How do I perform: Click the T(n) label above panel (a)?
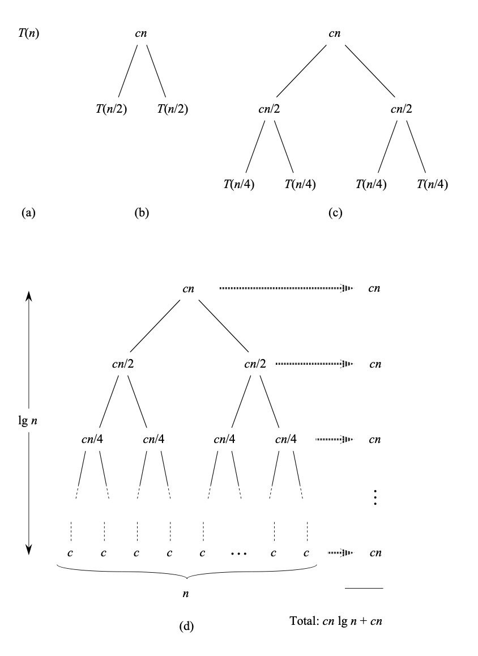pyautogui.click(x=29, y=34)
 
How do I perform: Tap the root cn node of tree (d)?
pyautogui.click(x=189, y=288)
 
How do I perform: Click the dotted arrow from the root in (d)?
pyautogui.click(x=285, y=288)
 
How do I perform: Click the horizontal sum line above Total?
pyautogui.click(x=364, y=588)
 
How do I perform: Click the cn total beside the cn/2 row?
pyautogui.click(x=375, y=364)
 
